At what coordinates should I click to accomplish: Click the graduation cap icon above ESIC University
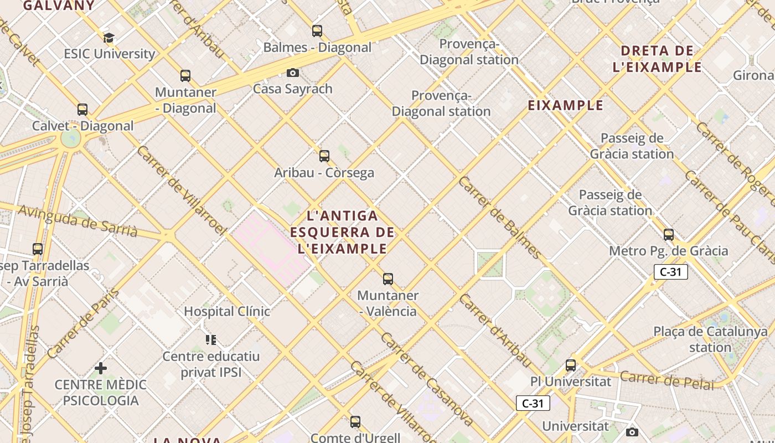tap(108, 38)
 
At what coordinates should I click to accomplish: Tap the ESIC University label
tap(109, 54)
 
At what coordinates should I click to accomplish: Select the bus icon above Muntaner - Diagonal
tap(185, 76)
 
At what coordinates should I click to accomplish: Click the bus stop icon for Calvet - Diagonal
tap(82, 110)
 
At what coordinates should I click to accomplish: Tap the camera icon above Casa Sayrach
tap(293, 73)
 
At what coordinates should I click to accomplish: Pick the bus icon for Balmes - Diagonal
tap(317, 31)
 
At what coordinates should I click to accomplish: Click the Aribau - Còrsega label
tap(324, 173)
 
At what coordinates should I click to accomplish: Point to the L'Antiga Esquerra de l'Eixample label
tap(342, 232)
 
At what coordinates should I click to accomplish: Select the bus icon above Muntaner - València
tap(388, 279)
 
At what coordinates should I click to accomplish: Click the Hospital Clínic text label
tap(227, 311)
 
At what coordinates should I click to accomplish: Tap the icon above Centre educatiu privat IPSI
tap(210, 339)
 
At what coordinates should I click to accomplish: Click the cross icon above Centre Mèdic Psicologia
tap(101, 368)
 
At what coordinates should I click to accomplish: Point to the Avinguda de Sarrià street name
tap(78, 221)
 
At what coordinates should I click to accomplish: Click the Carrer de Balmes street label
tap(500, 218)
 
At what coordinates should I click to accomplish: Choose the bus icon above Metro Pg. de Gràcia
tap(669, 235)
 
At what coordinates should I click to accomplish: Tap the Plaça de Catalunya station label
tap(710, 339)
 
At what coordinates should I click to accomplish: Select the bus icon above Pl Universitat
tap(571, 365)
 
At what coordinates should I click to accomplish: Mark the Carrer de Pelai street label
tap(666, 380)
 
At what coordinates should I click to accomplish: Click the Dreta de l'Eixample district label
tap(657, 59)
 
